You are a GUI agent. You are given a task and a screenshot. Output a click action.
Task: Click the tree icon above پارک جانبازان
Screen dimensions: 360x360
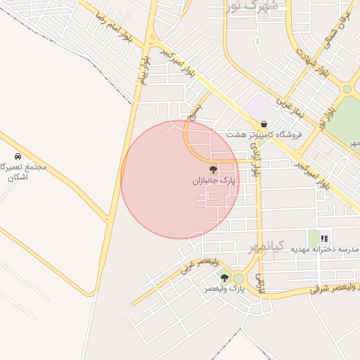[212, 169]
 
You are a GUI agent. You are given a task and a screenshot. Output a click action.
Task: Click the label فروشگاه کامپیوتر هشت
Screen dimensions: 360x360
[264, 134]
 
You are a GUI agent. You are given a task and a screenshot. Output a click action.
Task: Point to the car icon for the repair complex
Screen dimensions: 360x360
[17, 157]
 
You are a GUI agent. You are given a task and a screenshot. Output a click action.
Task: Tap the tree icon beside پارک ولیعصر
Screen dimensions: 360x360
[224, 278]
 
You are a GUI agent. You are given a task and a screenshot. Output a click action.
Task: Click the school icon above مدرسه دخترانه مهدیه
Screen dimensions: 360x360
[324, 238]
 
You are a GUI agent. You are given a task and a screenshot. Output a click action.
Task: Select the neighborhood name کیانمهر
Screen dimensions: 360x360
[267, 246]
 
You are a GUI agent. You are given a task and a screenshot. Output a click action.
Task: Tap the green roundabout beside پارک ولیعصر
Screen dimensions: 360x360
[238, 278]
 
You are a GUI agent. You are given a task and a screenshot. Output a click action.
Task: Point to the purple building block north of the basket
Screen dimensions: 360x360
[257, 106]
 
